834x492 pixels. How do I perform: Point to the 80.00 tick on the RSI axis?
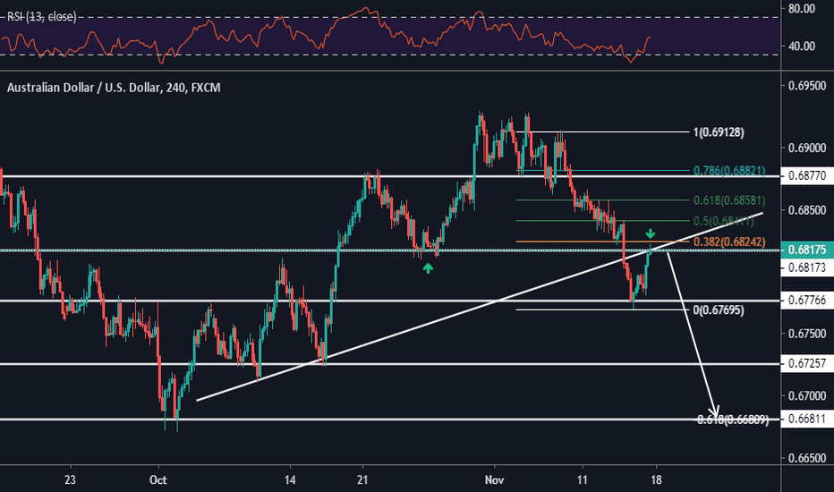pyautogui.click(x=804, y=9)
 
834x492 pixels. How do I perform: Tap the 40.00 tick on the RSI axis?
pyautogui.click(x=804, y=47)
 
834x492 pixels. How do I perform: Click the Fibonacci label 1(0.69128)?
pyautogui.click(x=719, y=132)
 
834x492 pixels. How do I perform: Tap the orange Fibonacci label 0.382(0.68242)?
pyautogui.click(x=729, y=242)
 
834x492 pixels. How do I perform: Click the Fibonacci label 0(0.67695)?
pyautogui.click(x=719, y=310)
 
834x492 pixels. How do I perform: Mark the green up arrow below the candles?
pyautogui.click(x=429, y=267)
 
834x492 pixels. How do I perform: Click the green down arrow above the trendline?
pyautogui.click(x=651, y=234)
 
